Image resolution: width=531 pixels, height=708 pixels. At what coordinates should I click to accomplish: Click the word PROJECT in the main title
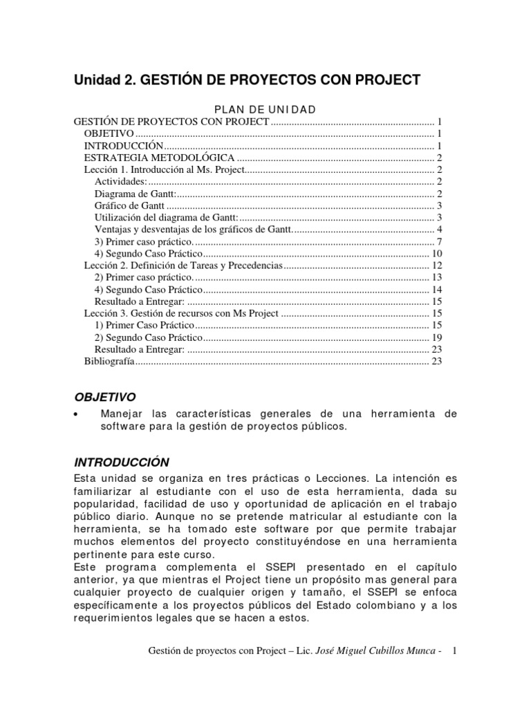tap(388, 80)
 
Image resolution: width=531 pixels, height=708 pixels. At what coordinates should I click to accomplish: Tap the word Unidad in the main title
tap(97, 80)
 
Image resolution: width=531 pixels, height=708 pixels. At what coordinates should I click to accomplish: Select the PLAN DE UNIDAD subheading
tap(265, 109)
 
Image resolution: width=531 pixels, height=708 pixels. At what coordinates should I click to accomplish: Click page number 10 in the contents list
tap(436, 253)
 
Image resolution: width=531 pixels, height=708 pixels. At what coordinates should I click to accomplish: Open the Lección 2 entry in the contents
tap(183, 265)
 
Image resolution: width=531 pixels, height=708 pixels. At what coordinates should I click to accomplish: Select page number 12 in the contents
tap(436, 265)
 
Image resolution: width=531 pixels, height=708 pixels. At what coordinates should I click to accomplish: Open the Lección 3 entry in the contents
tap(181, 313)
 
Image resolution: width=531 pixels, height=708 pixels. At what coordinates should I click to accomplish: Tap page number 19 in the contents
tap(436, 337)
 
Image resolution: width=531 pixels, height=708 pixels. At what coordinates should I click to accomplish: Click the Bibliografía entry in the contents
tap(109, 361)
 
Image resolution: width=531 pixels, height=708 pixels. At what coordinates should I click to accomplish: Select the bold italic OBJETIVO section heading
tap(104, 396)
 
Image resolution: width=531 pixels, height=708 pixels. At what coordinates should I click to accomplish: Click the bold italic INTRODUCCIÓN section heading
tap(121, 461)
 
